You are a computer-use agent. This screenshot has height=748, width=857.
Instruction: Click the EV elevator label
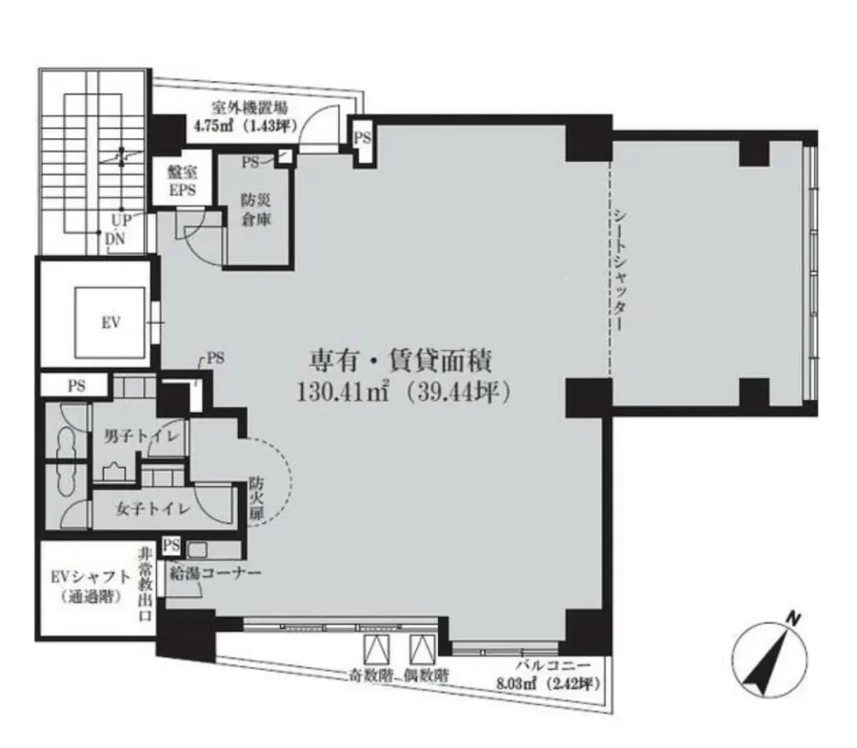point(111,323)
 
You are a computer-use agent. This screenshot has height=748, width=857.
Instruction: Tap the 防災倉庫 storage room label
point(256,210)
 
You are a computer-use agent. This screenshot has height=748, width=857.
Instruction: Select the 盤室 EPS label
point(182,182)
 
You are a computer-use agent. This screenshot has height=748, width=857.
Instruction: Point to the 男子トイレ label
point(142,436)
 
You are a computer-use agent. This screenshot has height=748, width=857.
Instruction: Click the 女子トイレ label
point(152,509)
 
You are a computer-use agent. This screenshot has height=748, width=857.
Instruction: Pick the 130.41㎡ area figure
point(343,392)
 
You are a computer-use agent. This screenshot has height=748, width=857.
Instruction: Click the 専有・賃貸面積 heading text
point(401,361)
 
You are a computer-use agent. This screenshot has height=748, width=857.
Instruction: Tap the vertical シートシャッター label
point(620,270)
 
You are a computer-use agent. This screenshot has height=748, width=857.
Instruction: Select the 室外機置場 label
point(249,108)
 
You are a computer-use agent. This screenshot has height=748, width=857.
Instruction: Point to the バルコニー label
point(553,665)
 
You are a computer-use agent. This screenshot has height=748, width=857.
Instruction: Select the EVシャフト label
point(90,577)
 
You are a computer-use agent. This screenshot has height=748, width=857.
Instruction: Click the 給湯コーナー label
point(215,573)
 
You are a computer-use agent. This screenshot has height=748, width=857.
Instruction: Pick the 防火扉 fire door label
point(256,498)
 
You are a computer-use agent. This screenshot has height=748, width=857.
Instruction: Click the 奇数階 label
point(371,676)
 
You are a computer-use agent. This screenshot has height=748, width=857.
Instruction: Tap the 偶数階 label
point(427,676)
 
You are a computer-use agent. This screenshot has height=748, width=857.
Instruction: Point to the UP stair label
point(121,220)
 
